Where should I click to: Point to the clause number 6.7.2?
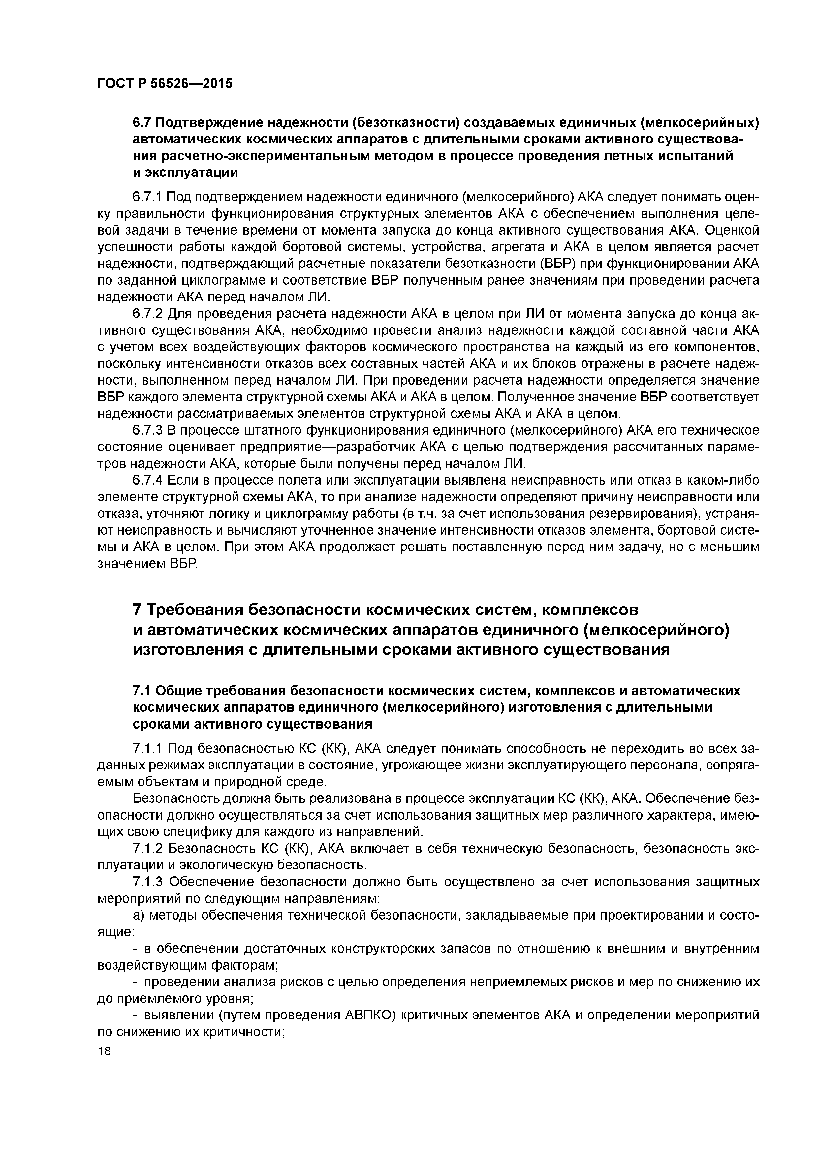pyautogui.click(x=148, y=314)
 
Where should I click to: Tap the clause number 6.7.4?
pyautogui.click(x=148, y=481)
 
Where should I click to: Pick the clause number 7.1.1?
pyautogui.click(x=148, y=749)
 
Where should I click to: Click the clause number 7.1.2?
pyautogui.click(x=148, y=849)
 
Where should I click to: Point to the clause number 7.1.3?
pyautogui.click(x=148, y=882)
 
